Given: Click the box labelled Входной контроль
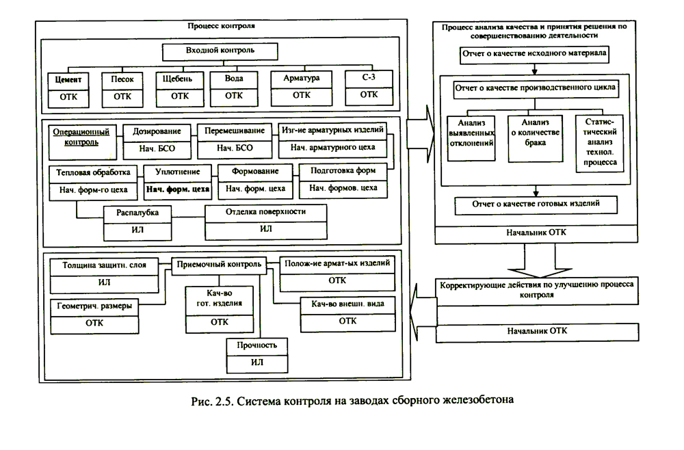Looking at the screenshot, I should tap(220, 51).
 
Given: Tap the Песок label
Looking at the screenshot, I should tap(122, 79).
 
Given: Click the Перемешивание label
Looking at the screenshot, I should tap(235, 130).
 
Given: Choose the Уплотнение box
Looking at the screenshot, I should tap(177, 172).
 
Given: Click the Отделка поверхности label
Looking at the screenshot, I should tap(265, 212).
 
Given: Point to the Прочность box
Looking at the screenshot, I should tap(256, 345).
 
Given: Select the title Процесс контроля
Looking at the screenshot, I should tap(220, 27).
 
